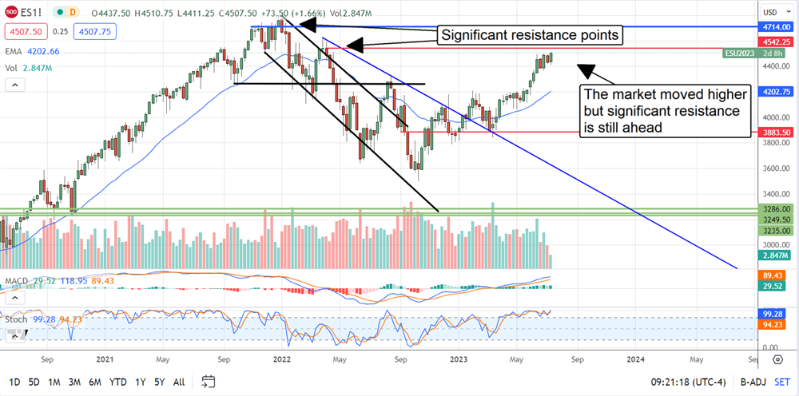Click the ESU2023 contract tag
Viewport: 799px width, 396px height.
point(740,53)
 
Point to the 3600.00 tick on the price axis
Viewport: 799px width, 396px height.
point(772,168)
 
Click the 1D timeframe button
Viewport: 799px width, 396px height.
point(14,381)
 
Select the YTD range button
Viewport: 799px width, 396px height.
point(119,381)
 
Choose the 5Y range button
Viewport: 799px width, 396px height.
point(160,381)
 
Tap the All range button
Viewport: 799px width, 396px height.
point(180,381)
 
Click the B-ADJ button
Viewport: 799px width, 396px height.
point(751,381)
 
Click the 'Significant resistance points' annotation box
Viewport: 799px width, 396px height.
point(528,35)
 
